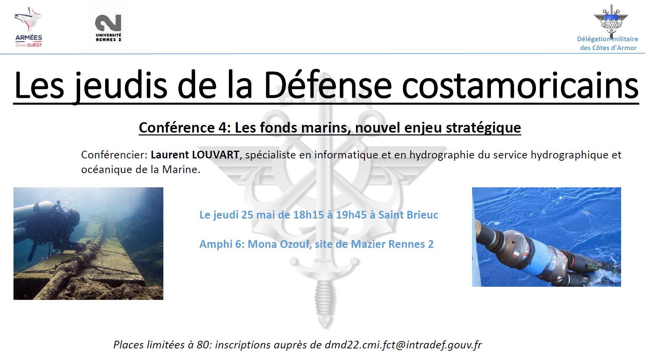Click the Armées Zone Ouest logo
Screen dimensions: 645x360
tap(29, 27)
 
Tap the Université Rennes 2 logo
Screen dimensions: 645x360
tap(108, 28)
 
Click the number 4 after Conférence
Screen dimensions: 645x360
tap(223, 128)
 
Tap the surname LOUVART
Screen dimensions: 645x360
tap(215, 155)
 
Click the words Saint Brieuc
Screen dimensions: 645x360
tap(408, 215)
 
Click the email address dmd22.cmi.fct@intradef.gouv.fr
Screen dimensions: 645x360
tap(403, 345)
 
